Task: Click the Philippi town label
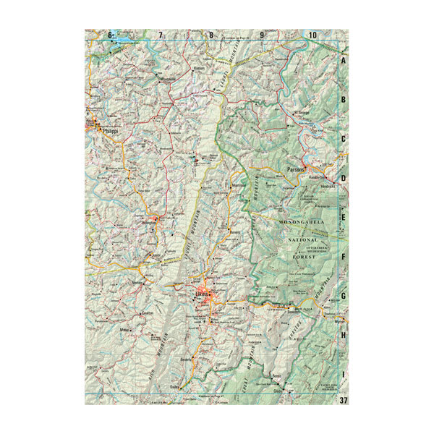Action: pyautogui.click(x=110, y=131)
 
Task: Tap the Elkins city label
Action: pyautogui.click(x=201, y=294)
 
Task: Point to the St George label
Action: pyautogui.click(x=301, y=114)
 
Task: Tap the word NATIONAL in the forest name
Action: pyautogui.click(x=303, y=239)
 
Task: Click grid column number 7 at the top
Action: pyautogui.click(x=160, y=35)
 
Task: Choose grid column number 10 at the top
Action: pyautogui.click(x=312, y=35)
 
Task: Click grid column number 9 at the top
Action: pyautogui.click(x=262, y=35)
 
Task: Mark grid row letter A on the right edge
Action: pyautogui.click(x=344, y=61)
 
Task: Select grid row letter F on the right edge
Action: pyautogui.click(x=344, y=255)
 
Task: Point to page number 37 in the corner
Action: pyautogui.click(x=343, y=399)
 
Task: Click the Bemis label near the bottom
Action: pyautogui.click(x=276, y=378)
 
